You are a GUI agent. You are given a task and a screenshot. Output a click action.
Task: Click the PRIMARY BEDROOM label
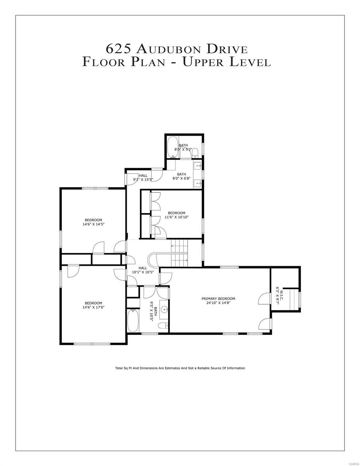(x=218, y=299)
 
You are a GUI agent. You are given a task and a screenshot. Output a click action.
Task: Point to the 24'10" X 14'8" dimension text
(x=218, y=303)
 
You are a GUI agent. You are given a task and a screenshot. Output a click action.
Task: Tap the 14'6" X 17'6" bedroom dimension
(x=94, y=307)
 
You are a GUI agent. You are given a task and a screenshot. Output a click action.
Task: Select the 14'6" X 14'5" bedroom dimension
(x=94, y=224)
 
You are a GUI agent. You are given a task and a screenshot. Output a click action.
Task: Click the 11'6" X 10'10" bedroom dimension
(x=176, y=217)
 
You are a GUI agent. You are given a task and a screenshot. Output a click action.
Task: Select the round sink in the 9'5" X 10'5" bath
(x=165, y=310)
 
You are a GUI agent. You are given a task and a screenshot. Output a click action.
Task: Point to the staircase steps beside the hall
(x=179, y=252)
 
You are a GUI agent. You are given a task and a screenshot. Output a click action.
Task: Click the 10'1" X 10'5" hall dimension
(x=143, y=272)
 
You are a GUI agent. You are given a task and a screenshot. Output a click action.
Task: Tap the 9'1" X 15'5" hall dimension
(x=143, y=180)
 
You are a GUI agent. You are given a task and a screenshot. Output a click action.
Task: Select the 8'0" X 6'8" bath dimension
(x=181, y=179)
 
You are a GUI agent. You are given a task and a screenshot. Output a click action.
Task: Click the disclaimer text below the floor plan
(x=180, y=368)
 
